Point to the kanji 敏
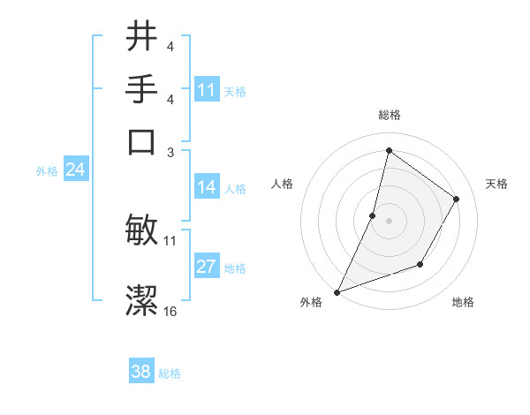pos(141,230)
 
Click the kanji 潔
pos(141,301)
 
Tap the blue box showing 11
pos(207,90)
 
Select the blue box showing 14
pos(207,187)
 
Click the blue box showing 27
pos(207,267)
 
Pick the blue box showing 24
pos(75,170)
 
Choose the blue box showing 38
pos(141,372)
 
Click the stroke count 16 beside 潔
pos(170,312)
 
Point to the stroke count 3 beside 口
pos(170,151)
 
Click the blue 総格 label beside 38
pos(170,373)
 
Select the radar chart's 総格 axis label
pos(389,116)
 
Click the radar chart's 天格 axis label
pos(497,184)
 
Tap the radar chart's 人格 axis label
pos(282,184)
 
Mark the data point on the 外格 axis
pos(337,291)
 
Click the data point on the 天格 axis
pos(457,199)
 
